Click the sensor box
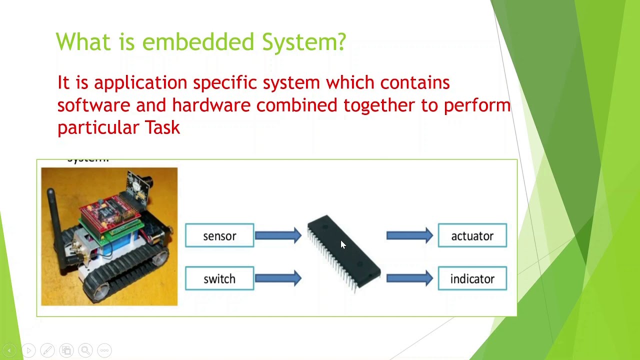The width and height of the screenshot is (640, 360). (219, 235)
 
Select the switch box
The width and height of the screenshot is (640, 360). (219, 278)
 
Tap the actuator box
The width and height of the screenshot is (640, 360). (472, 235)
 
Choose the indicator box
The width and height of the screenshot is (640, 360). (472, 278)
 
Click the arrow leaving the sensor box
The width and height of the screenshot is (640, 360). (278, 235)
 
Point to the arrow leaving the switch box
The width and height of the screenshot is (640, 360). (278, 278)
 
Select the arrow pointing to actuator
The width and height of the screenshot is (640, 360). (409, 235)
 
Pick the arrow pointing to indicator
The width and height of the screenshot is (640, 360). (409, 278)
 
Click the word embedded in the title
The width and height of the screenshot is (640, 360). (198, 41)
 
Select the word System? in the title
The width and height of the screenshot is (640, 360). (303, 42)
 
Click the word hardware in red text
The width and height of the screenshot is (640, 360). (211, 105)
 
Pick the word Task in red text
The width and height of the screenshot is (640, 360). (162, 128)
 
